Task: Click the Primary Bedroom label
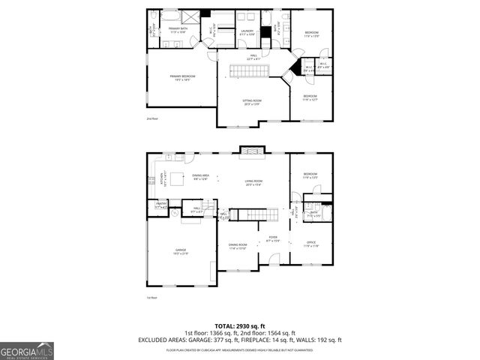point(180,77)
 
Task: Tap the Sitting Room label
point(252,103)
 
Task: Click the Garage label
point(181,251)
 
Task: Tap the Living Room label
point(253,182)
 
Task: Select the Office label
point(310,244)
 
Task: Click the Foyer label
point(273,240)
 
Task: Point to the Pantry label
point(161,205)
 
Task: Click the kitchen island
point(178,179)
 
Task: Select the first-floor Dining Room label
point(238,247)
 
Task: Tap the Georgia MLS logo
point(27,350)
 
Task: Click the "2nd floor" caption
point(152,118)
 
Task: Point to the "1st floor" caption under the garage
point(152,297)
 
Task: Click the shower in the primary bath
point(193,16)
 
